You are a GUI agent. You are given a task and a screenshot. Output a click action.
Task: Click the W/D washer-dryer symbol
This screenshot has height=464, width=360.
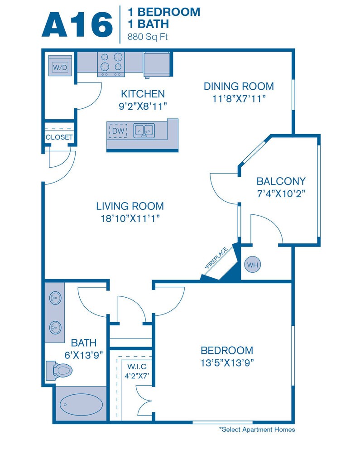tap(60, 65)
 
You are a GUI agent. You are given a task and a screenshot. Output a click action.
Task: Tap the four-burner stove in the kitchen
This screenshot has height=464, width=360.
tap(111, 64)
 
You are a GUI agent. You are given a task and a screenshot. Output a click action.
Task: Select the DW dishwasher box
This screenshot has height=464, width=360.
tap(118, 131)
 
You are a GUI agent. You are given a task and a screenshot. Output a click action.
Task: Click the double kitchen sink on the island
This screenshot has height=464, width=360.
tap(144, 131)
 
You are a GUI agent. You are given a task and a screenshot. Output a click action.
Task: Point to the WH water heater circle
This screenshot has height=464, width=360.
tap(253, 265)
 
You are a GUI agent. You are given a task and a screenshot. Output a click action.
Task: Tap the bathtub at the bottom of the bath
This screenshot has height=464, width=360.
tap(82, 404)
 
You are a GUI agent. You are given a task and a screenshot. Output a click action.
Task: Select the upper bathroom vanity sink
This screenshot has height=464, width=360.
tap(55, 297)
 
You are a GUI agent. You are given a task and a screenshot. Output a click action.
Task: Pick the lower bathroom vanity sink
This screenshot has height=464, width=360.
tap(55, 328)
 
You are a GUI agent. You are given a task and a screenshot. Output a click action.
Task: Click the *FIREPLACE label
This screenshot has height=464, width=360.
tap(216, 258)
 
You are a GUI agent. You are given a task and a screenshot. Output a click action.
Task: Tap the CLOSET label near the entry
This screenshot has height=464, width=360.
tap(59, 137)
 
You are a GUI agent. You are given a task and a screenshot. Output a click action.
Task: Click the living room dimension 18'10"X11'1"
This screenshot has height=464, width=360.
tap(130, 219)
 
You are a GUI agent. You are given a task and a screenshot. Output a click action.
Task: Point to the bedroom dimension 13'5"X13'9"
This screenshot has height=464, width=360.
tap(227, 362)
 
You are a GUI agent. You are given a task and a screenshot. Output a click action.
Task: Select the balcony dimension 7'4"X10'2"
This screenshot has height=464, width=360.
tap(281, 193)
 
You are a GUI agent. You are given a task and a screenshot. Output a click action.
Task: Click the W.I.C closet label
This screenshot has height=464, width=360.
tap(137, 366)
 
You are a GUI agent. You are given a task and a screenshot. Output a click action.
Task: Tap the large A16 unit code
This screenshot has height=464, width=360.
tap(77, 25)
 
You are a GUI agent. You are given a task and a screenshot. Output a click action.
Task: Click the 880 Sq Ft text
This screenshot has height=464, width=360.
tap(147, 37)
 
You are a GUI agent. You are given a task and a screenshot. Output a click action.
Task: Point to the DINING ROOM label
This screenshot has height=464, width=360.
tap(239, 86)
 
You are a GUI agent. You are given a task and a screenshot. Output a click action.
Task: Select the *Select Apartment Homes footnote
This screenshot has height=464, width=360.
tap(257, 430)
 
